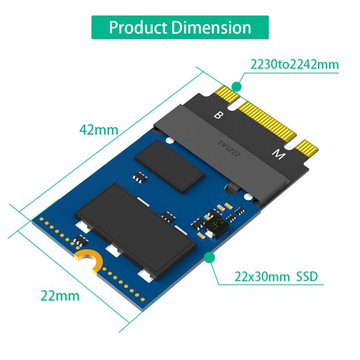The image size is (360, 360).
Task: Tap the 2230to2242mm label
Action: (294, 64)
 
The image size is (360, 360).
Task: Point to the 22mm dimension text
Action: (60, 295)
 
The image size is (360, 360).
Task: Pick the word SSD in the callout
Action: (307, 276)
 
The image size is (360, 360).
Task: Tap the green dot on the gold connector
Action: (237, 86)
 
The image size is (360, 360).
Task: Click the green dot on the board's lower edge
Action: (209, 257)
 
